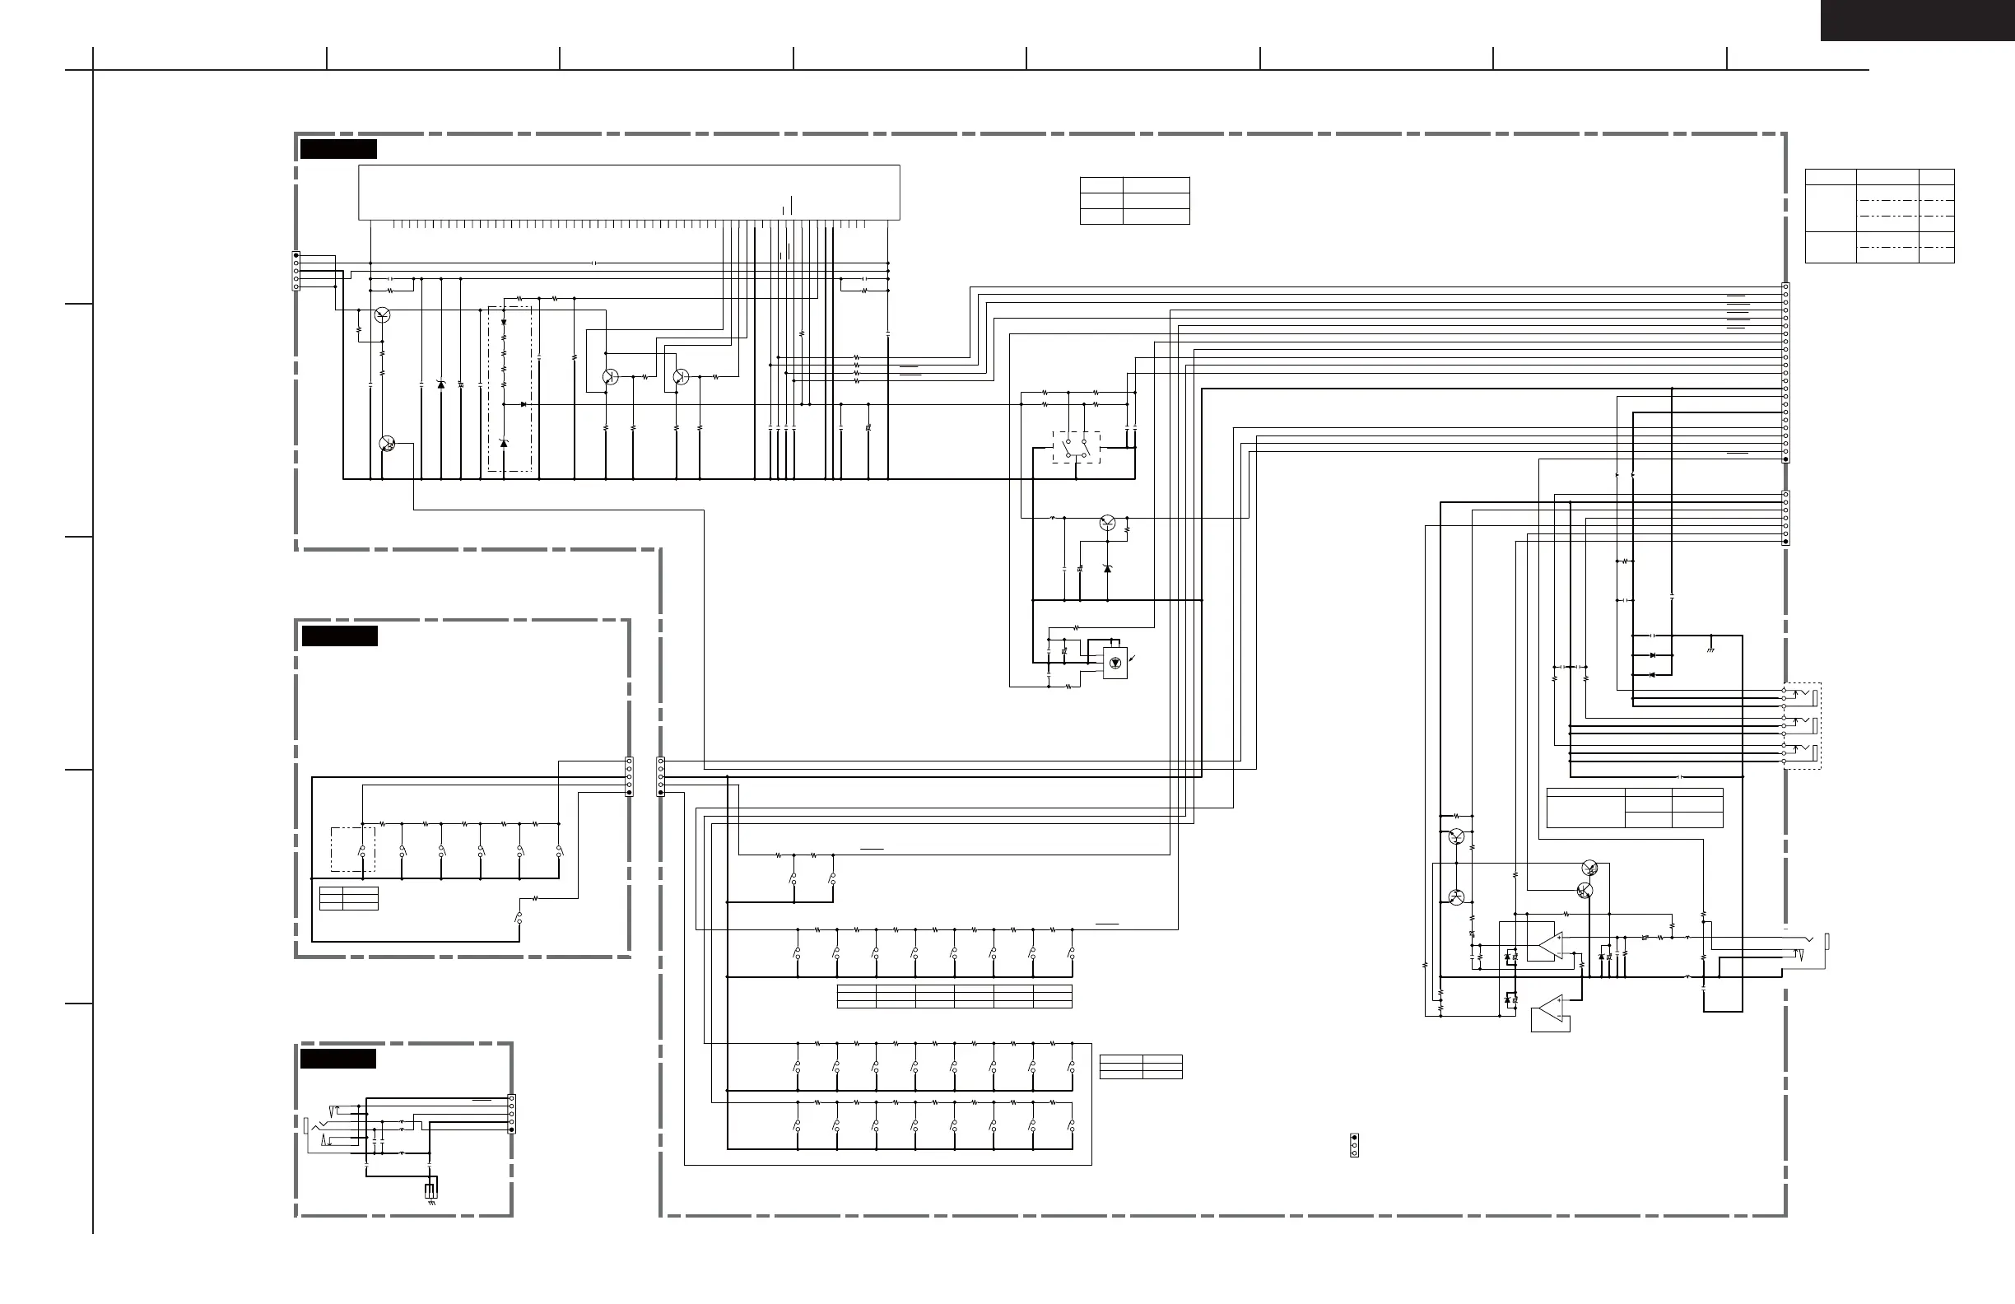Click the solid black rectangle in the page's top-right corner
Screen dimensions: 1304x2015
(1917, 21)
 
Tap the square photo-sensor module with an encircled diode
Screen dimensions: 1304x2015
(1115, 663)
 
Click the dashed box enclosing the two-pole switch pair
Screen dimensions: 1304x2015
(1076, 447)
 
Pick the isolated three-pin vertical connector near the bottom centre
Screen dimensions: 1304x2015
(1354, 1145)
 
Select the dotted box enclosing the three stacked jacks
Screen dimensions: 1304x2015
(1802, 725)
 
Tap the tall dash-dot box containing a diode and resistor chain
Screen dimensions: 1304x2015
(510, 389)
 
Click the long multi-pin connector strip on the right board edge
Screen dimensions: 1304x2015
(1785, 373)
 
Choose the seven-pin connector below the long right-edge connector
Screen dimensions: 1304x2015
(1785, 517)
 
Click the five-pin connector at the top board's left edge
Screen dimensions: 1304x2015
(296, 271)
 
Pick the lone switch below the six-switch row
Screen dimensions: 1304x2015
(518, 918)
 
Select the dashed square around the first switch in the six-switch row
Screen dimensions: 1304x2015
(352, 850)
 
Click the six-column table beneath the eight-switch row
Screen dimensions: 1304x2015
(954, 996)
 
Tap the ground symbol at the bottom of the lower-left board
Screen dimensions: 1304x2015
(432, 1202)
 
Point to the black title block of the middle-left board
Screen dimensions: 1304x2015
(339, 636)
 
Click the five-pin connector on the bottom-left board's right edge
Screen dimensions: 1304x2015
(510, 1114)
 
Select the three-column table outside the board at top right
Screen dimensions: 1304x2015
(1879, 215)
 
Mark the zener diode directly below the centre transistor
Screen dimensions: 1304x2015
(1107, 568)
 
